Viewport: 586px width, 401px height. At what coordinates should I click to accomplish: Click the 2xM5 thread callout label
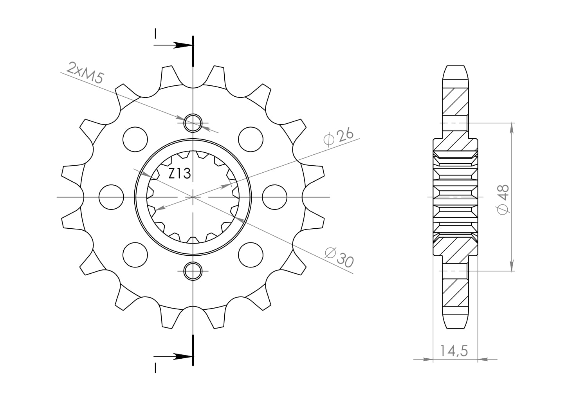[85, 73]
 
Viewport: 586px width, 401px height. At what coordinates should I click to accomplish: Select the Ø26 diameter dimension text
[338, 137]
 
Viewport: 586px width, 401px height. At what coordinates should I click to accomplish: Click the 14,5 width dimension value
[454, 351]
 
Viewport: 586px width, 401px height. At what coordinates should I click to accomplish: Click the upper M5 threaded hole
[193, 123]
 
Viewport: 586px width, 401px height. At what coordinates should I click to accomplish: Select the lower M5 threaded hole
[193, 271]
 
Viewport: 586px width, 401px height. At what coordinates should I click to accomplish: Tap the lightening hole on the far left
[111, 197]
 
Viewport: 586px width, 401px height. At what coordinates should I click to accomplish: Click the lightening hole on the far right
[274, 197]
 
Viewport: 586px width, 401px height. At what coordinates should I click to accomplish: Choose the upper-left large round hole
[135, 139]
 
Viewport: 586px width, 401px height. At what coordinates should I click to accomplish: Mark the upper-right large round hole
[251, 139]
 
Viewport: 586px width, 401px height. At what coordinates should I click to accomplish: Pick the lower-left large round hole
[135, 255]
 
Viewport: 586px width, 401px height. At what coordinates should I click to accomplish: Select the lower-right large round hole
[251, 255]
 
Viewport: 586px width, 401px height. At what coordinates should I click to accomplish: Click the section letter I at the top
[156, 34]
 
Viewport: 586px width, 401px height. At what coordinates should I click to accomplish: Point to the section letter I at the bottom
[156, 368]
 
